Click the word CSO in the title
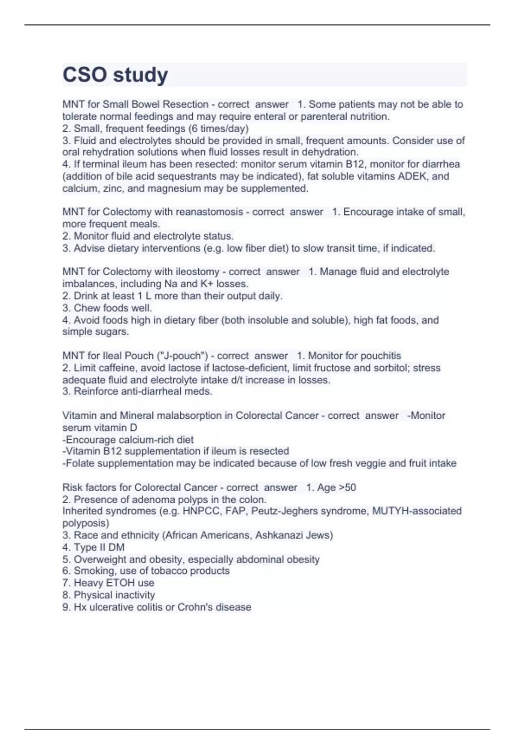click(x=85, y=75)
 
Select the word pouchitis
click(x=379, y=356)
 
